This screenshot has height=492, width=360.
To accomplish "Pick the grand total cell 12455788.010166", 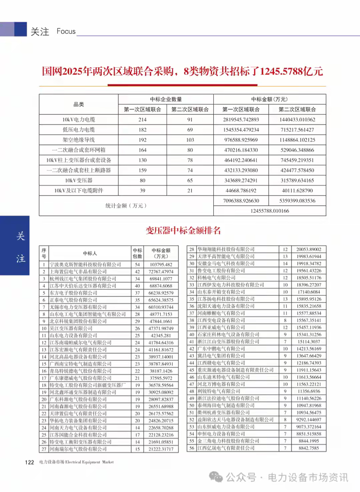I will point(269,210).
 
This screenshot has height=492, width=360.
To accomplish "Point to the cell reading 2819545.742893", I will point(241,119).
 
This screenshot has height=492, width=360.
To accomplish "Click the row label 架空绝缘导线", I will point(78,140).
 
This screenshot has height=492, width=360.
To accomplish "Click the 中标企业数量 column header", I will point(166,99).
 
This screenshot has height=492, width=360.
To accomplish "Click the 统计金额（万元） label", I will point(126,205).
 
